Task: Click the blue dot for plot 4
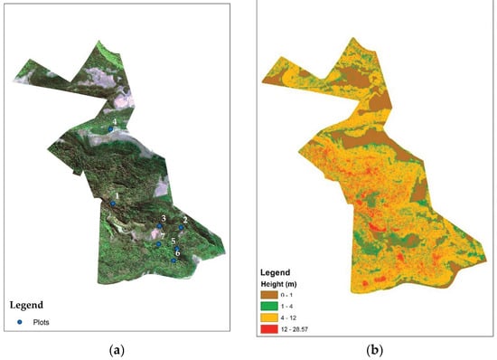pyautogui.click(x=111, y=129)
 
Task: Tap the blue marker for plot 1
pyautogui.click(x=113, y=204)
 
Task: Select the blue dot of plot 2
pyautogui.click(x=181, y=227)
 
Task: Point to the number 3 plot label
pyautogui.click(x=163, y=219)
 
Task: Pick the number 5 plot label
pyautogui.click(x=173, y=242)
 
